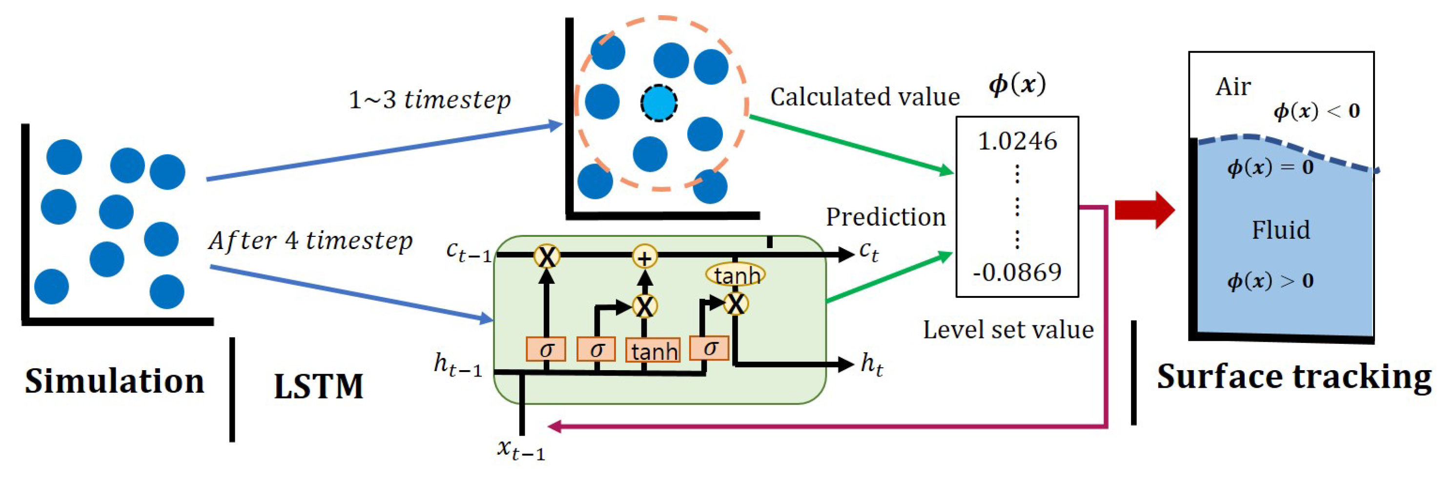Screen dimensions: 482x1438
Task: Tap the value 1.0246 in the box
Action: tap(1017, 141)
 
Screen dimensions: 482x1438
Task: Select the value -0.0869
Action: tap(1017, 272)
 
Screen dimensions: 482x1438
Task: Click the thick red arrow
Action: tap(1144, 210)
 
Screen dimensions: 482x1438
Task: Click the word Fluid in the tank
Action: tap(1280, 230)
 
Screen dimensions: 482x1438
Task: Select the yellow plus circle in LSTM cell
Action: tap(645, 257)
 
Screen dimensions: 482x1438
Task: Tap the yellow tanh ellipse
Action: tap(735, 275)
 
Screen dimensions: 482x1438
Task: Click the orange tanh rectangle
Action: tap(653, 351)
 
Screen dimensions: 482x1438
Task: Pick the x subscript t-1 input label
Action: tap(521, 449)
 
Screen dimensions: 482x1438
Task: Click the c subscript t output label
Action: tap(868, 252)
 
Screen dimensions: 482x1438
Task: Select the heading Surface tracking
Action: tap(1294, 377)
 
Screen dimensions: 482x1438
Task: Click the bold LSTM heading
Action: tap(318, 386)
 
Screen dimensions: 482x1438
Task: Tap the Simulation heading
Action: tap(114, 381)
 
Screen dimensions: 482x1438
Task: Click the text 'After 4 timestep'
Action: tap(310, 241)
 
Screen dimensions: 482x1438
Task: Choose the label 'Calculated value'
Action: tap(864, 97)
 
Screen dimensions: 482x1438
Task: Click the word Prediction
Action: tap(885, 217)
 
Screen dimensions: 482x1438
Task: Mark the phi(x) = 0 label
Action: tap(1270, 167)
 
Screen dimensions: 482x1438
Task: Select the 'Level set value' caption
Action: tap(1007, 330)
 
